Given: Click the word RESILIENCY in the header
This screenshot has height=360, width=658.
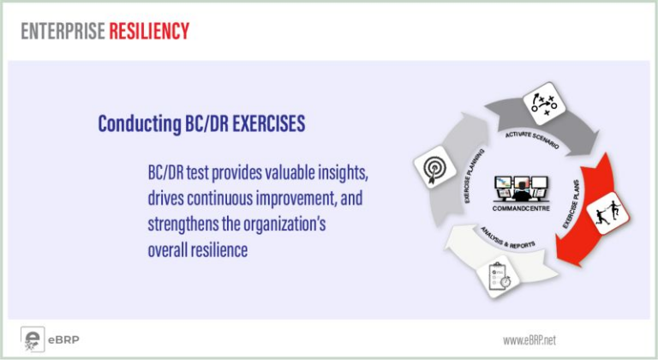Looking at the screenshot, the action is [x=149, y=31].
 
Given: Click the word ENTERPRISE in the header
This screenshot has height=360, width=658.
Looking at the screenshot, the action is [x=63, y=31].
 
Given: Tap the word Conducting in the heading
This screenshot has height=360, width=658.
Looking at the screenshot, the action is [x=140, y=124].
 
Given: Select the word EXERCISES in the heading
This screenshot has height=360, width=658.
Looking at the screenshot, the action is [x=268, y=123].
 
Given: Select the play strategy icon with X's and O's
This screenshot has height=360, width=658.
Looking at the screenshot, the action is [x=544, y=104].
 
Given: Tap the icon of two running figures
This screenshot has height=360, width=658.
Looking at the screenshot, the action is [x=607, y=213].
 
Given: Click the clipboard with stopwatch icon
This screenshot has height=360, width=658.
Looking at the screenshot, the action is [x=498, y=276].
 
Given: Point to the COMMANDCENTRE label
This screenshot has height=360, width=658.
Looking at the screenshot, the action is [x=521, y=208].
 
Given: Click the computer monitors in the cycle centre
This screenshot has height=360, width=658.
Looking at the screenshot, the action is [x=521, y=189].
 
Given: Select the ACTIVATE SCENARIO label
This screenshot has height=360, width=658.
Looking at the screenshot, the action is [x=532, y=139].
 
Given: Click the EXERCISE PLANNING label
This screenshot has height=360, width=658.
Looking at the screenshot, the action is [x=474, y=176].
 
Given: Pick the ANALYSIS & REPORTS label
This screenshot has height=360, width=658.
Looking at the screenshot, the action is [x=507, y=238].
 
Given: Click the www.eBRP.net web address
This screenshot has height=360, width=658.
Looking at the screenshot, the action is [x=529, y=339].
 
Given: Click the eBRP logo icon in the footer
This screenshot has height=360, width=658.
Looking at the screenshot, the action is [x=33, y=339].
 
